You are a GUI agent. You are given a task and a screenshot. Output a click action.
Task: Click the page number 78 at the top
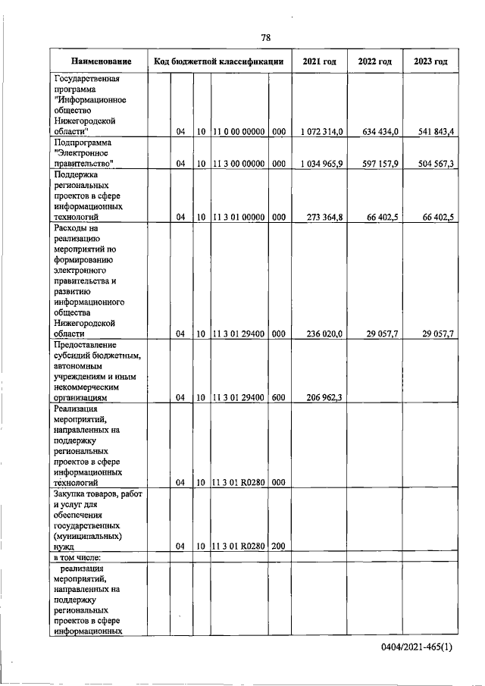(x=266, y=37)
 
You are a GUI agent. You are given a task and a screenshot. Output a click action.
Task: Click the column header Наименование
(x=101, y=61)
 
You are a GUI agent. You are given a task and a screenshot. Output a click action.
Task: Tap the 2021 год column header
(x=319, y=61)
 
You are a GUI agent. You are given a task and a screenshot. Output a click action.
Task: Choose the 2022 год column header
(x=375, y=61)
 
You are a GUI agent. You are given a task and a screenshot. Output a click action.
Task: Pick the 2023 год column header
(x=430, y=61)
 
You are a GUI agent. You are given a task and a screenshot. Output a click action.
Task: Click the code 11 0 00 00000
(x=239, y=132)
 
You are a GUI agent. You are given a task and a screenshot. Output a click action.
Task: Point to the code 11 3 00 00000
(x=239, y=164)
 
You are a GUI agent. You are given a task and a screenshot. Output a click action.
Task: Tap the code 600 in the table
(x=278, y=396)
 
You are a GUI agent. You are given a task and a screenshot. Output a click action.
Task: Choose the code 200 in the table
(x=278, y=545)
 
